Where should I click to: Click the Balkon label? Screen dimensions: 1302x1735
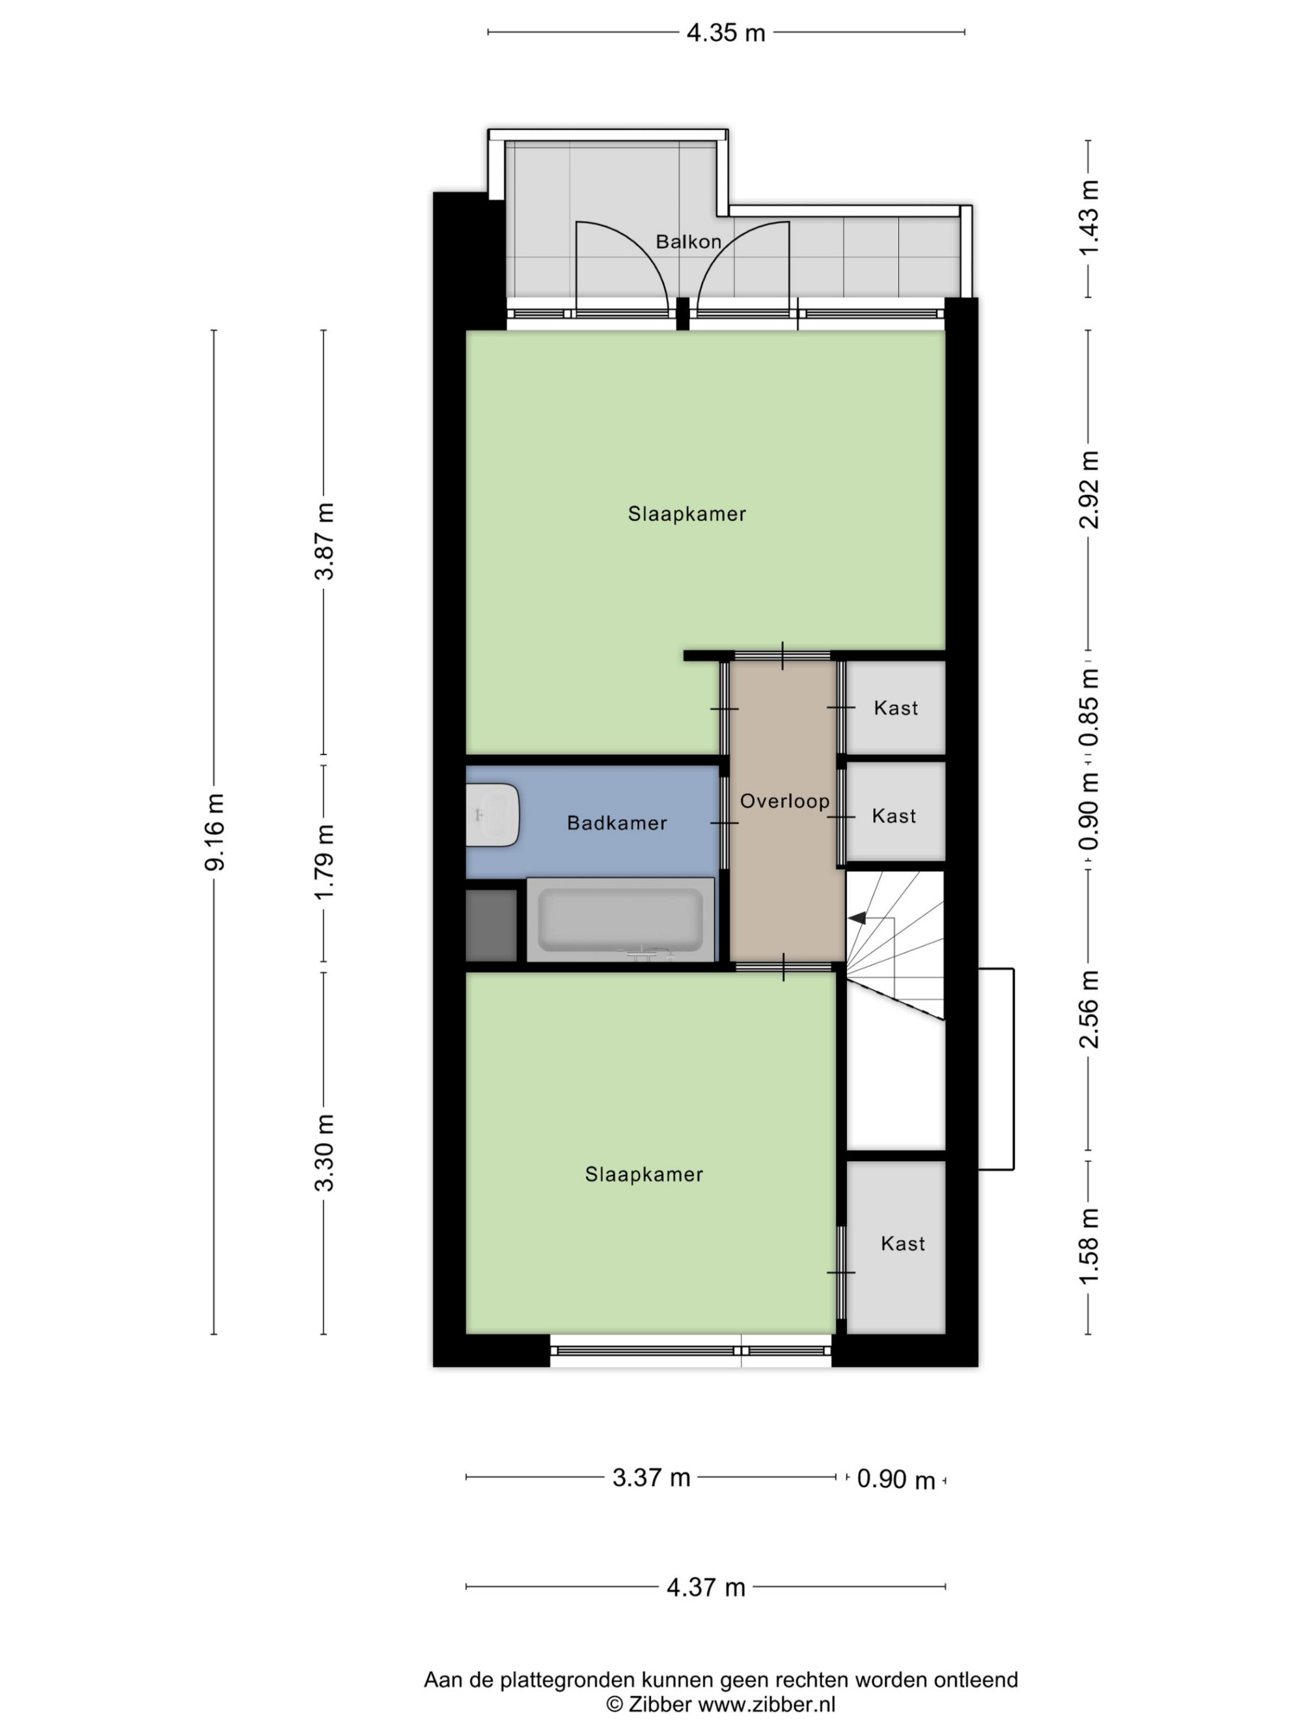coord(688,241)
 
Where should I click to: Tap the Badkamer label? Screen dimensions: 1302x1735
coord(617,823)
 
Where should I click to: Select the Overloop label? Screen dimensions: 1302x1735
coord(785,801)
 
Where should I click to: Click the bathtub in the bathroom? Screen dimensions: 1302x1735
coord(620,919)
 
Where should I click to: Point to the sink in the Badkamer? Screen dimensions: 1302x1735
coord(493,815)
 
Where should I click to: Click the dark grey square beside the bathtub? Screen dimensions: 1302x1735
coord(492,925)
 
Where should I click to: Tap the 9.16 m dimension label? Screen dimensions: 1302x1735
coord(214,831)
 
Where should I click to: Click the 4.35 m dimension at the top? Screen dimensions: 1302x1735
coord(726,33)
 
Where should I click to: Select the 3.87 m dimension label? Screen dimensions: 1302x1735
coord(324,541)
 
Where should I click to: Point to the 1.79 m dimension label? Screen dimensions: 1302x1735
coord(324,862)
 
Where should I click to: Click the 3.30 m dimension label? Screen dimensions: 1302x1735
coord(324,1152)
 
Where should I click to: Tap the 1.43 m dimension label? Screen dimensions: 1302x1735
coord(1088,217)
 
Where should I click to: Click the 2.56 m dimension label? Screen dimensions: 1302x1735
coord(1088,1010)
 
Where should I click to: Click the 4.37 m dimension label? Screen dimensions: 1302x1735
coord(706,1587)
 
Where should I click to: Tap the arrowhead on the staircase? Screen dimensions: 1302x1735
coord(856,917)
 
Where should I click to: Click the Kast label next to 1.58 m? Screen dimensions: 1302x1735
coord(902,1243)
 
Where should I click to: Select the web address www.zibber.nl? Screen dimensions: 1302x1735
coord(767,1703)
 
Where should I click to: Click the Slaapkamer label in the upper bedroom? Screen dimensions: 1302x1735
coord(687,514)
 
